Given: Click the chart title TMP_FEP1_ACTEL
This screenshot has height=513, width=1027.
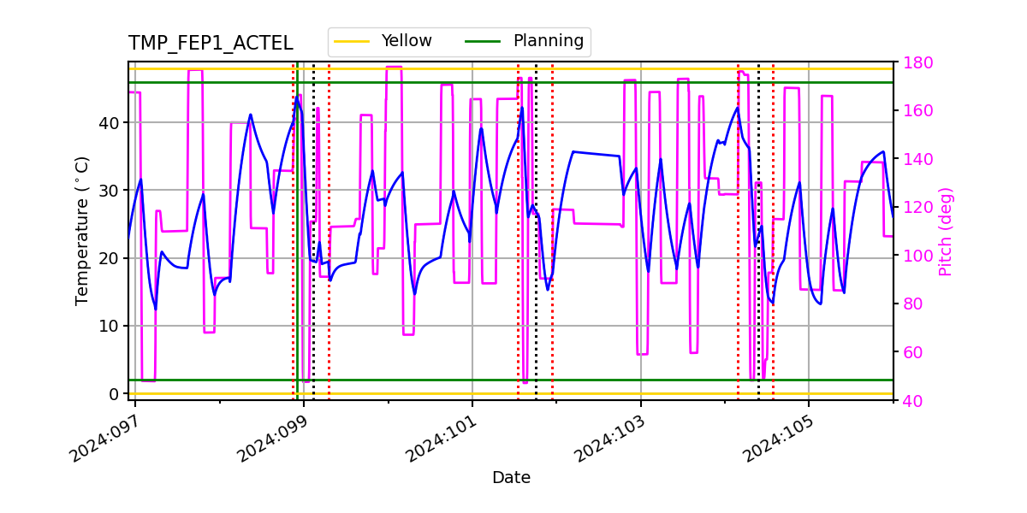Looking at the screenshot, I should click(x=211, y=44).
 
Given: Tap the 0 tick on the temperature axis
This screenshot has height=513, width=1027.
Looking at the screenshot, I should click(x=113, y=393).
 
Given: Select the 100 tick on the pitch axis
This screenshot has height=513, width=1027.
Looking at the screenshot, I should click(x=915, y=256).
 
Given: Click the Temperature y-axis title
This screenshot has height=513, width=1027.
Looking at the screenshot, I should click(x=82, y=230).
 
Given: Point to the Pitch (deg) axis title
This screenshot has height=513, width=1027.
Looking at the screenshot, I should click(x=945, y=231).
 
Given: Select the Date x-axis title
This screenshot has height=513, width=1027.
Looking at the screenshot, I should click(x=511, y=478).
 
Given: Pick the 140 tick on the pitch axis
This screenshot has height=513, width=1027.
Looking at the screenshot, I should click(x=915, y=159).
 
